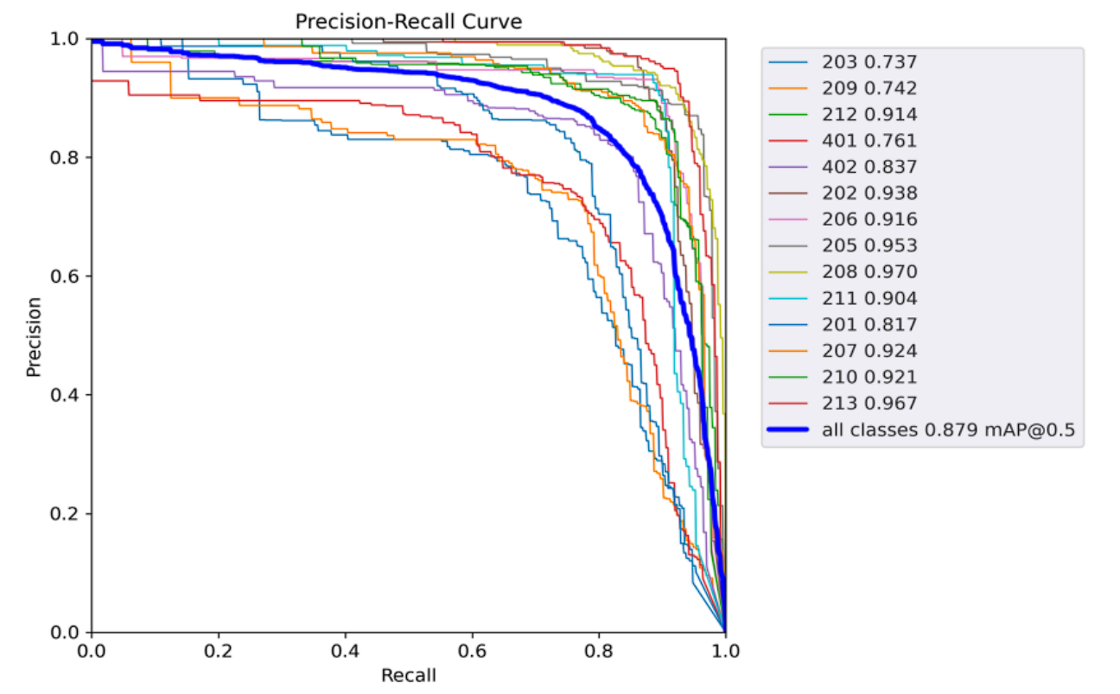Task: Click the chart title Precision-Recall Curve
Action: [x=408, y=22]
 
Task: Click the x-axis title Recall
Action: [x=408, y=675]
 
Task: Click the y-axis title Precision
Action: [x=34, y=336]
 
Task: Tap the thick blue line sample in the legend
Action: [x=792, y=430]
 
